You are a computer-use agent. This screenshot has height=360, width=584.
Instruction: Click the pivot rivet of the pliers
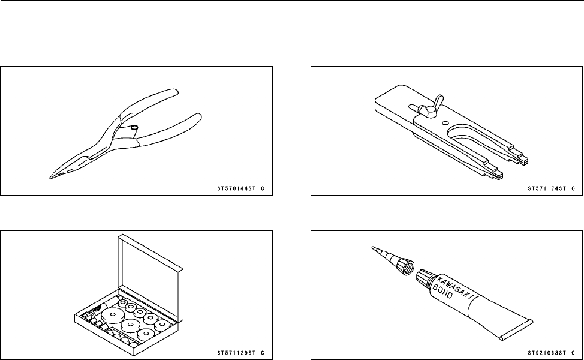(134, 127)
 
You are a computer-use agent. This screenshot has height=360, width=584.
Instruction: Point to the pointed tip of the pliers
(52, 177)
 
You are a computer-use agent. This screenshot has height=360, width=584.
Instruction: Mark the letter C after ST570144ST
(263, 188)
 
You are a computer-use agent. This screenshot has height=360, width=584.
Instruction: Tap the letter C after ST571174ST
(573, 188)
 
